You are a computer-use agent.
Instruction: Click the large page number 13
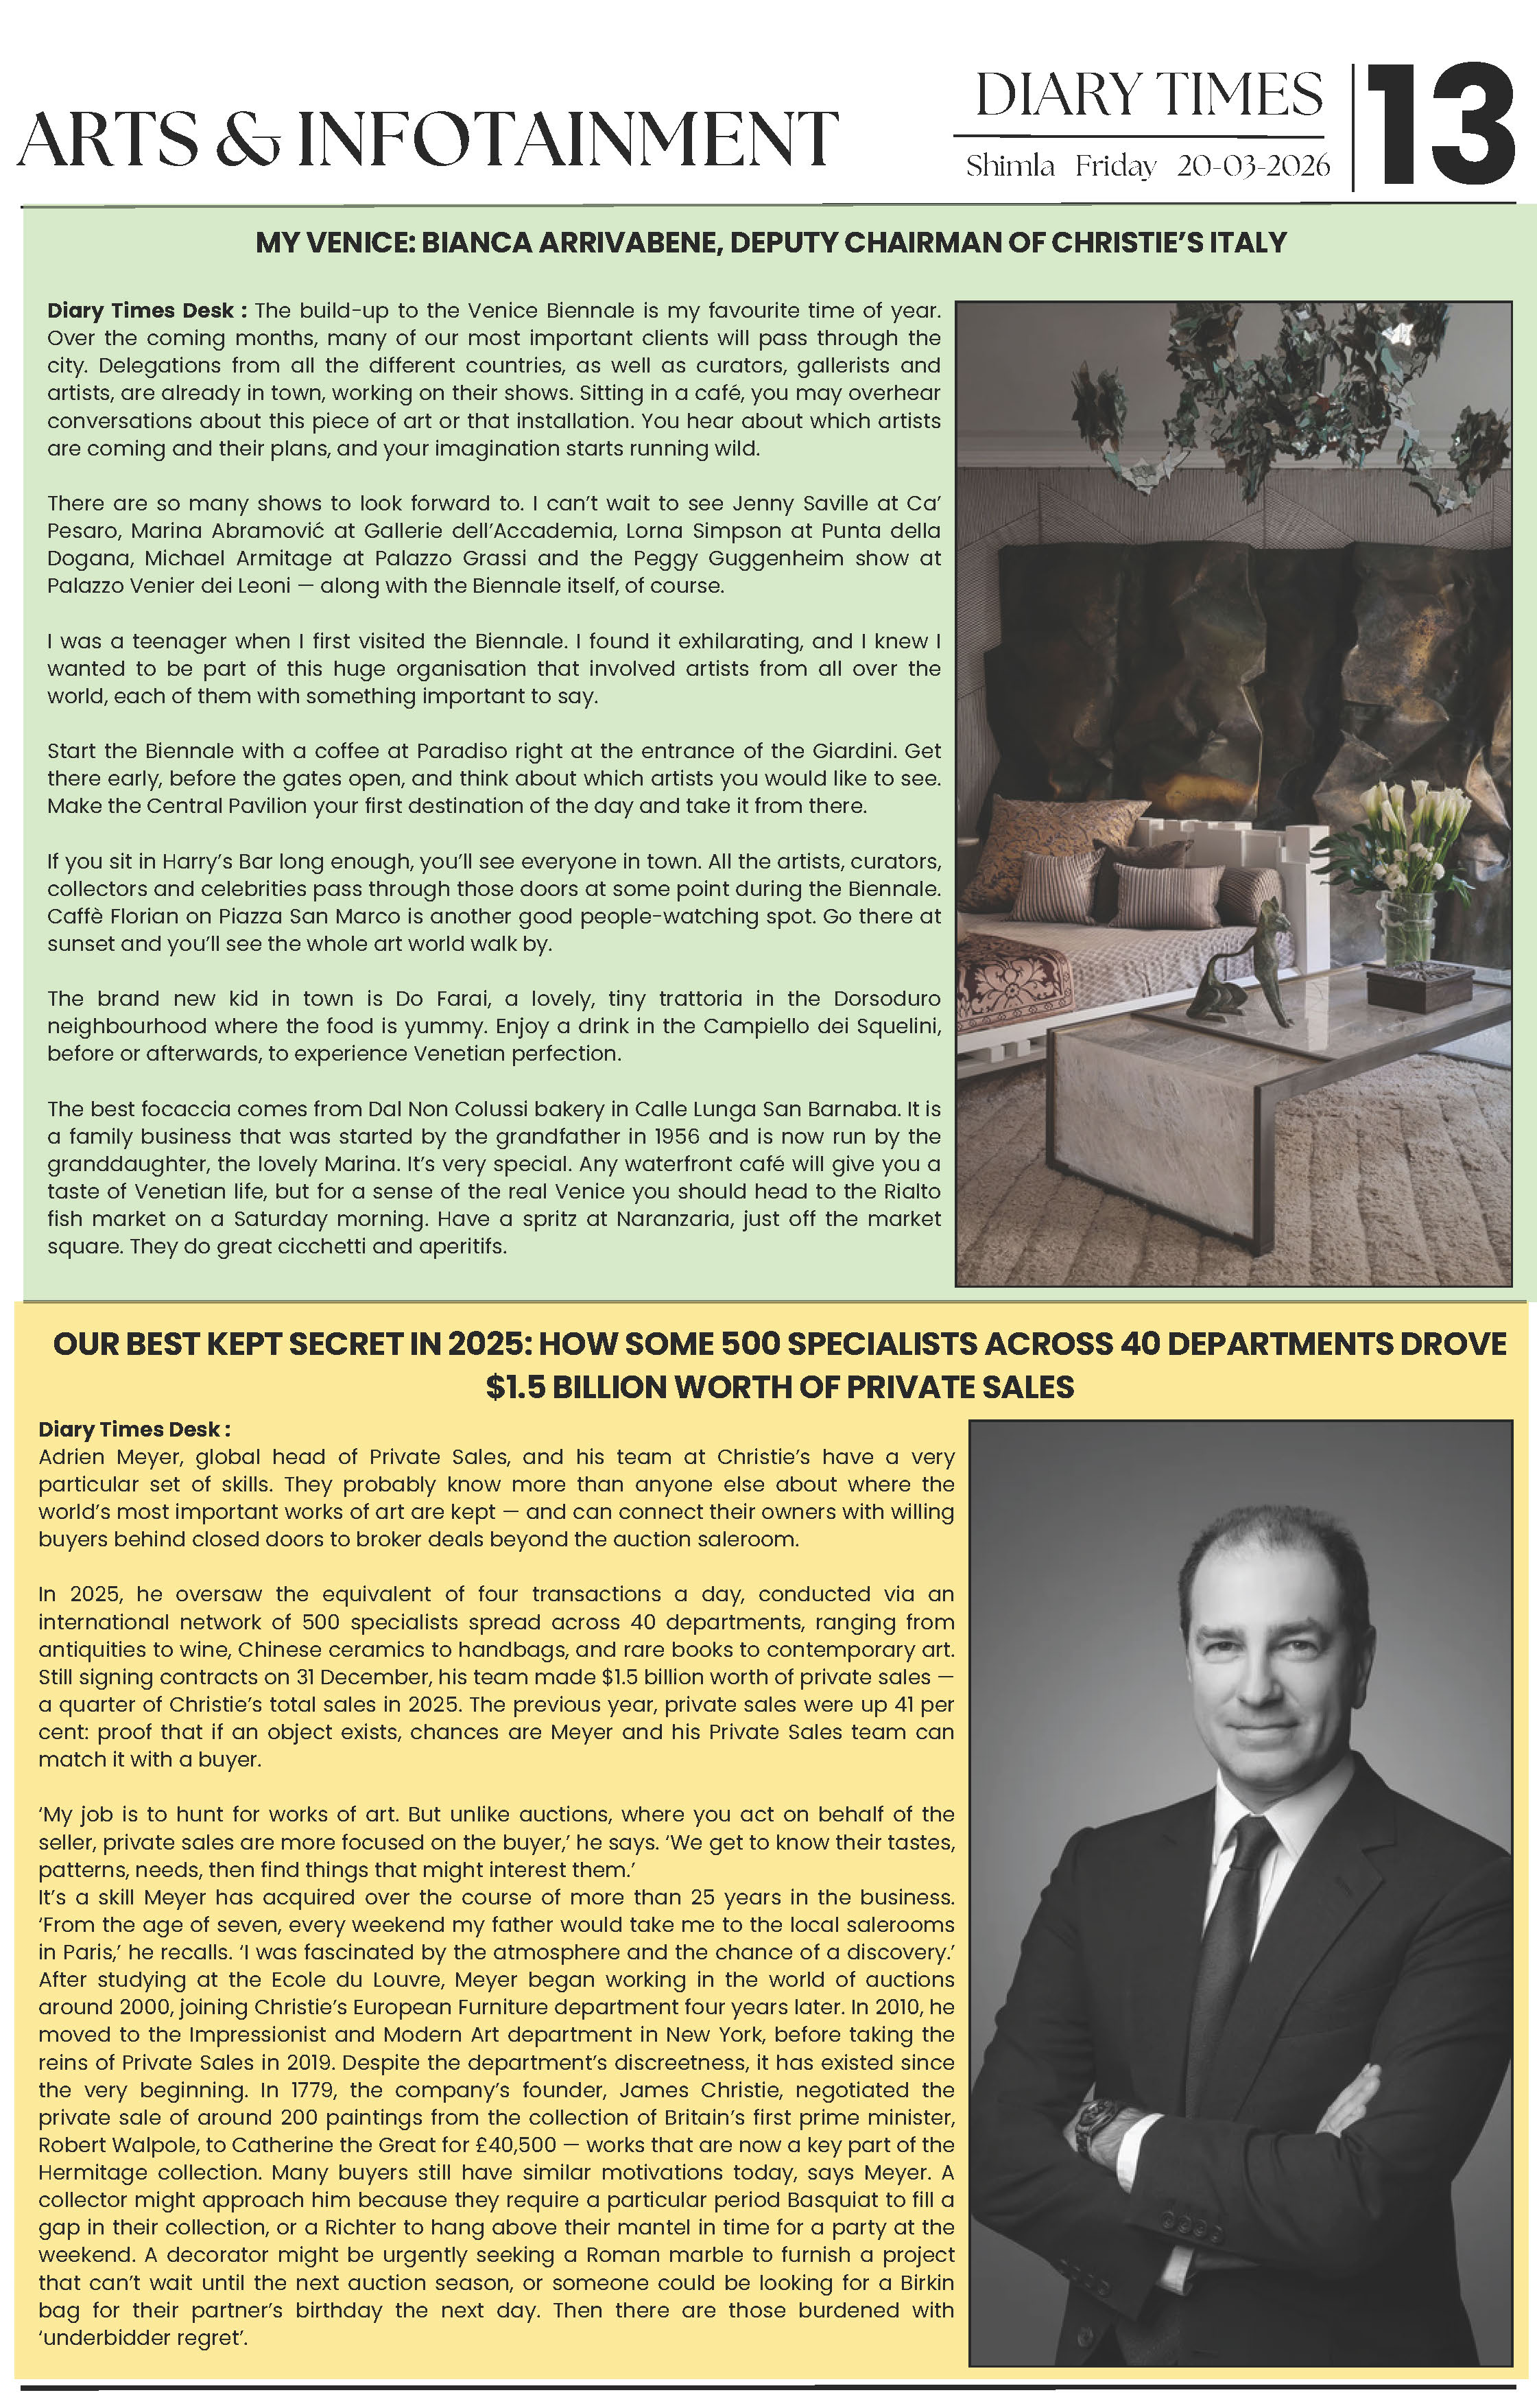coord(1440,126)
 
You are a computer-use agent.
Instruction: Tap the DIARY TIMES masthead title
coord(1148,96)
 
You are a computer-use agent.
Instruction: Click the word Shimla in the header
coord(1010,166)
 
